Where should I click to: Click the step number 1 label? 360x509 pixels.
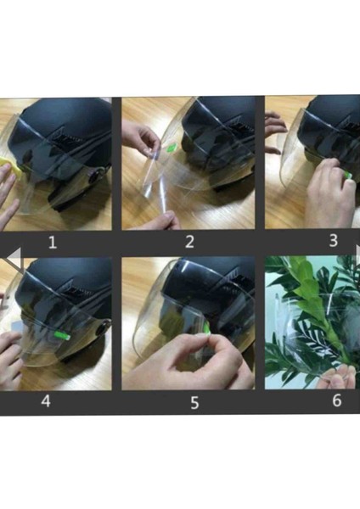(x=53, y=243)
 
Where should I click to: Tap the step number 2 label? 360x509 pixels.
(x=189, y=242)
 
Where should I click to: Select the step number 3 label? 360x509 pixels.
(x=334, y=241)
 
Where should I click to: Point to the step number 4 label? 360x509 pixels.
(x=46, y=401)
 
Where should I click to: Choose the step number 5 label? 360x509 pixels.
(x=194, y=402)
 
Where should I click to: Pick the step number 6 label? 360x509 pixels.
(x=337, y=400)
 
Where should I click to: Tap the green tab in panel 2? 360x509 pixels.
(x=171, y=148)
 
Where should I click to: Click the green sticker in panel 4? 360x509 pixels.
(x=62, y=335)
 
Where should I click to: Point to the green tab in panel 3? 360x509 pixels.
(x=348, y=176)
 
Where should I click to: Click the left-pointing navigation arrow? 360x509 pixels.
(x=14, y=258)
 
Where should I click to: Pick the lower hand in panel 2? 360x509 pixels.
(x=162, y=220)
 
